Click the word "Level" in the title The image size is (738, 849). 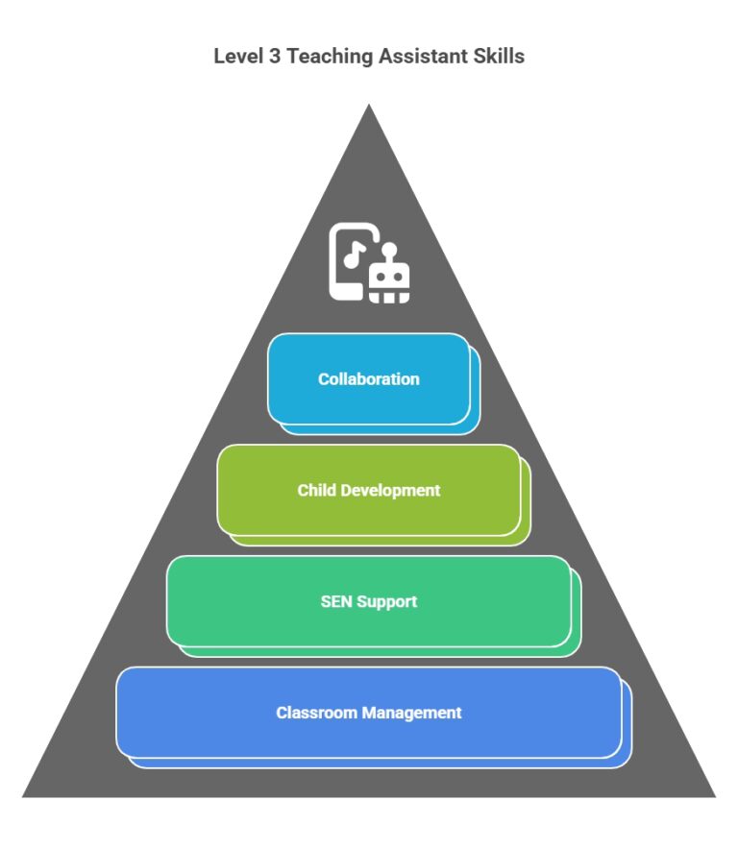tap(235, 57)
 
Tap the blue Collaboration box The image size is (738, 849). tap(369, 379)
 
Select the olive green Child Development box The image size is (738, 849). tap(369, 491)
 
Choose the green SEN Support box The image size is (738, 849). tap(369, 602)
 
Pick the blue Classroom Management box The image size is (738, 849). tap(369, 713)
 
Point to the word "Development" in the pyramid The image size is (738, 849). tap(389, 491)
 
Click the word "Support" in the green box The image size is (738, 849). tap(387, 602)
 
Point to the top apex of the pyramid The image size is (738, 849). tap(369, 106)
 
